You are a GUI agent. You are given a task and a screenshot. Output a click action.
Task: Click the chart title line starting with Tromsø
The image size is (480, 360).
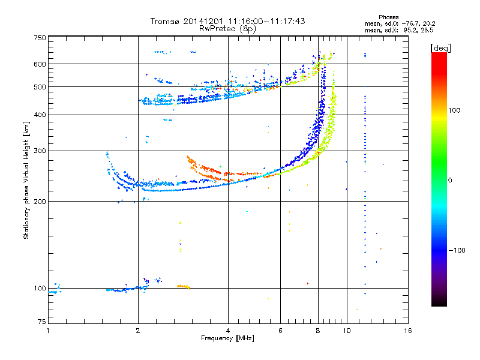coord(227,21)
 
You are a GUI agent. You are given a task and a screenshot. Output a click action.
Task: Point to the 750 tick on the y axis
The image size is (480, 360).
coord(40,37)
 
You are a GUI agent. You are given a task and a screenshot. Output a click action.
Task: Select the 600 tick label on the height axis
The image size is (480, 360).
coord(40,64)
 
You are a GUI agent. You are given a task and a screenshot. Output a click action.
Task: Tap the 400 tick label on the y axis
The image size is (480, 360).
coord(40,115)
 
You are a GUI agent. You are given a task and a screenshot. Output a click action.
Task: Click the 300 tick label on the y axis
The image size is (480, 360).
coord(40,151)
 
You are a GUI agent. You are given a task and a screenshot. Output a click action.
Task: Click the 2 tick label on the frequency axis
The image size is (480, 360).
coord(138,331)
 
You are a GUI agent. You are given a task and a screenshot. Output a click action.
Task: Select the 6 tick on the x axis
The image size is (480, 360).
coord(281,331)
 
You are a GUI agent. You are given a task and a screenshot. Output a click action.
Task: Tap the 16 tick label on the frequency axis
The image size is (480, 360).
coord(407,331)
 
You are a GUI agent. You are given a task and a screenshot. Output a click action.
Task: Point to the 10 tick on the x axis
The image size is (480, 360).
coord(347,331)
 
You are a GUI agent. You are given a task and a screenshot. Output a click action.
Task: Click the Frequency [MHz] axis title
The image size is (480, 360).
coord(227,338)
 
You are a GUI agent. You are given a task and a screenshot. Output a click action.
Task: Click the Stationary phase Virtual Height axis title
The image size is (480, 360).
coord(26,180)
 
